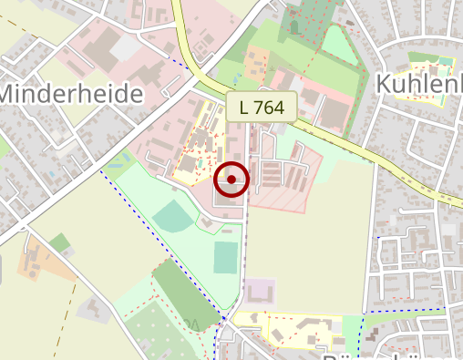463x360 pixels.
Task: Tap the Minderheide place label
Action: [73, 93]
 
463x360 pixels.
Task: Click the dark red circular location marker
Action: [231, 180]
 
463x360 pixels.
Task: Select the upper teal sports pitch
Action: [171, 217]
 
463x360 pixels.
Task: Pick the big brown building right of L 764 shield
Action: [335, 113]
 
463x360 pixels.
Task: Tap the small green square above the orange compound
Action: [60, 242]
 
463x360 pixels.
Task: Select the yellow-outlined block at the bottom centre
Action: [296, 328]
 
